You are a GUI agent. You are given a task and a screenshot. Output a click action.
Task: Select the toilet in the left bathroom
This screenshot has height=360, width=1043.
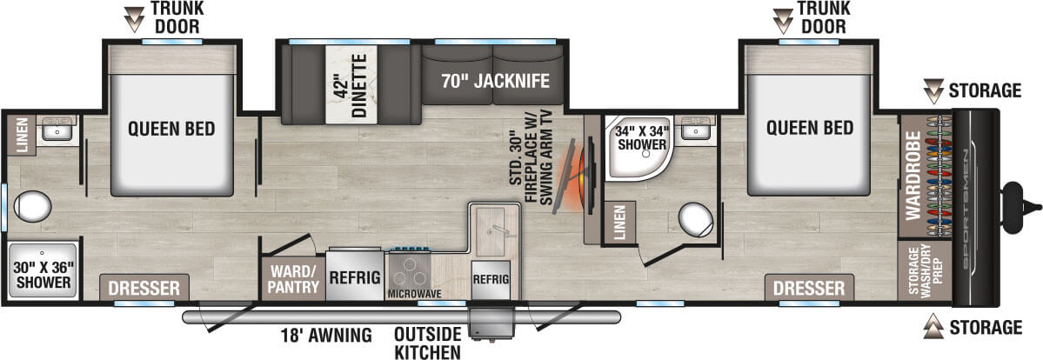[x=33, y=207]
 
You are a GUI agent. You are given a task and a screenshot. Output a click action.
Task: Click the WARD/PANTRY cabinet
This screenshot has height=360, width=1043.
[x=293, y=277]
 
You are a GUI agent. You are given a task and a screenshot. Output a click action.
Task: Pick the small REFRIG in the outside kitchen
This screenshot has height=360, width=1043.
[x=491, y=279]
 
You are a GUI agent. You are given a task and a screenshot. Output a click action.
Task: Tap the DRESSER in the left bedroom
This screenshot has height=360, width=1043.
[x=144, y=288]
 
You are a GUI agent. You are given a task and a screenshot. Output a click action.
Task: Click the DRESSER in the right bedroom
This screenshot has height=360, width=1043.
[x=809, y=288]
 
